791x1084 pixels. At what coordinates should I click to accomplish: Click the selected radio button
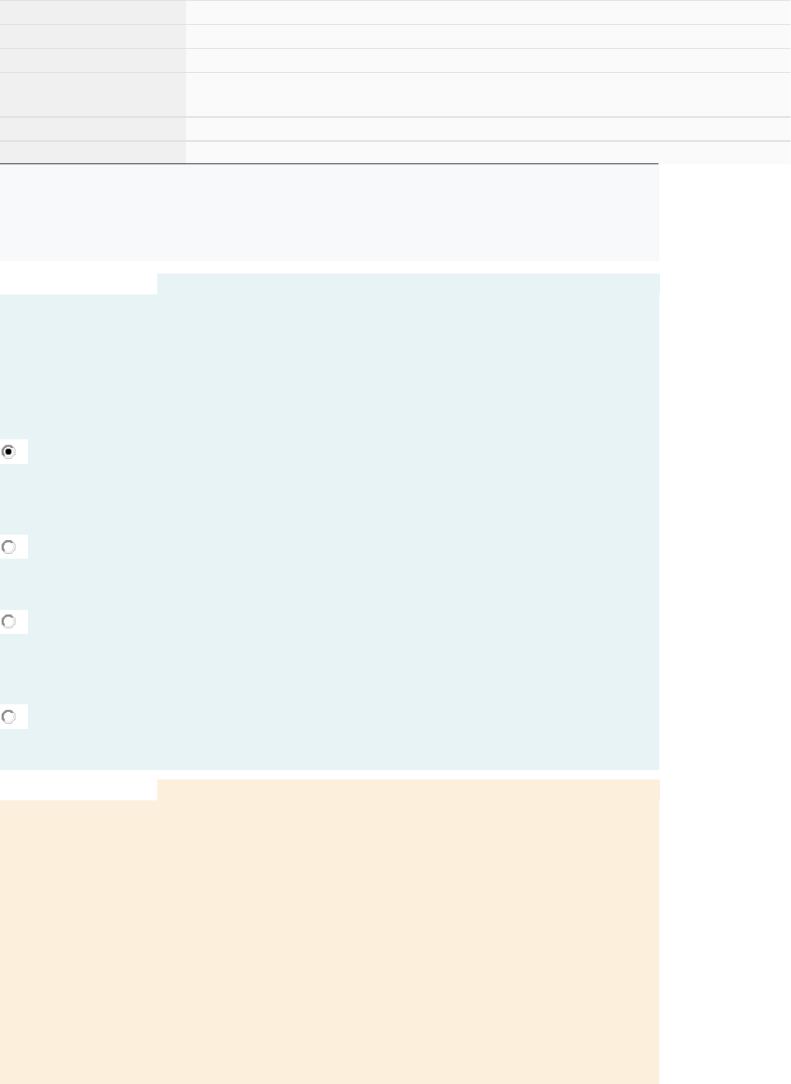[x=9, y=452]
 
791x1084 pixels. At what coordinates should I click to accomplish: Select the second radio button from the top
[x=9, y=547]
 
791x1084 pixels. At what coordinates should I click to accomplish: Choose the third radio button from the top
[x=9, y=621]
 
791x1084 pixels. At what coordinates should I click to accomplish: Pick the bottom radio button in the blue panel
[x=9, y=717]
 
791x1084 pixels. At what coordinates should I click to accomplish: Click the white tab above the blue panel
[x=78, y=284]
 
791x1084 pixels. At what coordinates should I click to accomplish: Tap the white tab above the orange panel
[x=78, y=790]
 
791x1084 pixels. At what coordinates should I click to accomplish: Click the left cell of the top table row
[x=92, y=12]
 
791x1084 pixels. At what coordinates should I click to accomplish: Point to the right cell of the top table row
[x=488, y=12]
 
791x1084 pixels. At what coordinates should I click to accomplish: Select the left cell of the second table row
[x=92, y=36]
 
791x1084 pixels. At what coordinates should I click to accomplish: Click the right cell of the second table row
[x=488, y=36]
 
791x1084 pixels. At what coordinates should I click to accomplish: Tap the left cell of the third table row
[x=92, y=60]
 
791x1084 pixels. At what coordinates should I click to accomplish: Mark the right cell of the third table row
[x=488, y=60]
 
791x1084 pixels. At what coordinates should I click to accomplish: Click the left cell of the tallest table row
[x=92, y=95]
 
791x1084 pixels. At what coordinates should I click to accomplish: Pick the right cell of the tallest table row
[x=488, y=95]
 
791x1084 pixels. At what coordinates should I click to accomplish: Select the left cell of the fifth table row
[x=92, y=129]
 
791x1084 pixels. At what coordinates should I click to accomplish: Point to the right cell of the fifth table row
[x=488, y=129]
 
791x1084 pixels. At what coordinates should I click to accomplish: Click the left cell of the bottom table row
[x=92, y=153]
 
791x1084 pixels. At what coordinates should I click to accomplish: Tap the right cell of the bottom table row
[x=488, y=153]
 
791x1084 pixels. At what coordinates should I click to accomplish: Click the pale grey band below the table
[x=329, y=212]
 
